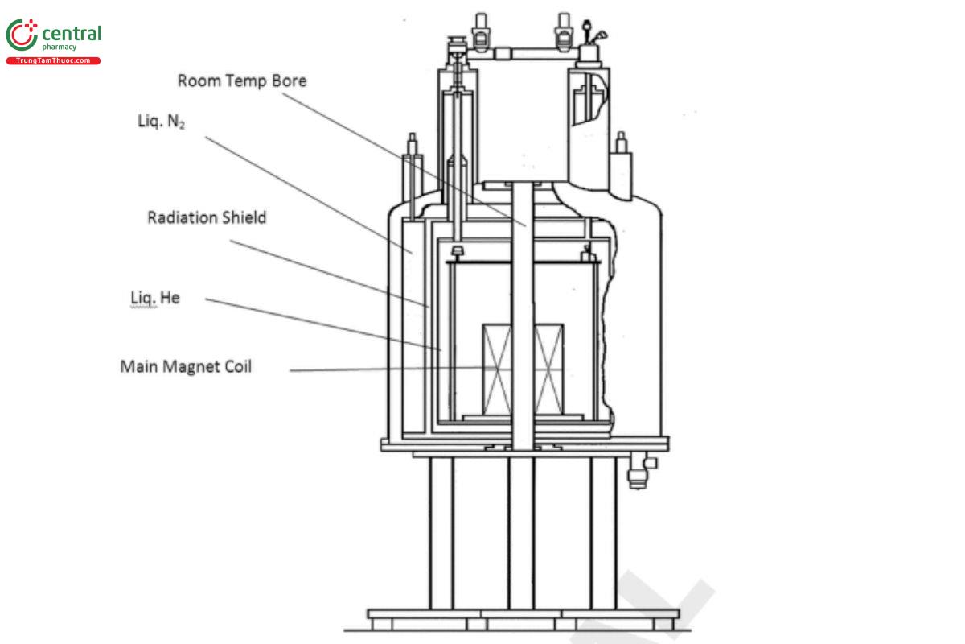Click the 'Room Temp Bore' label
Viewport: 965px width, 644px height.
point(242,80)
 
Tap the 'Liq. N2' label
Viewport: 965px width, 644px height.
point(161,122)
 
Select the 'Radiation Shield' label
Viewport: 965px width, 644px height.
point(207,217)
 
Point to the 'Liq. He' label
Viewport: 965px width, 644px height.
point(155,298)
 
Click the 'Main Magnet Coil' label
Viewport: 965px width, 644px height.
point(186,366)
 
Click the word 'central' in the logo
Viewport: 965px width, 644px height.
point(71,34)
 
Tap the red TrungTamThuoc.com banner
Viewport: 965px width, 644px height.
point(53,61)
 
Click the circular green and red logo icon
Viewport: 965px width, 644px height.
point(22,35)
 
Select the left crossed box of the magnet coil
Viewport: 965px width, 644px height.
point(495,367)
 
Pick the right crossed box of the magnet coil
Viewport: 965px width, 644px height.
point(549,367)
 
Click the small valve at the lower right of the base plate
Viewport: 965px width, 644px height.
point(638,472)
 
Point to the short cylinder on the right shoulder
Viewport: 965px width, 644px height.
point(620,165)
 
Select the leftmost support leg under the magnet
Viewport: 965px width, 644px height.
point(441,531)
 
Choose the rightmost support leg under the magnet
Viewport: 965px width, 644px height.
point(603,531)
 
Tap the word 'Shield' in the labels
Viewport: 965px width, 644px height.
point(241,217)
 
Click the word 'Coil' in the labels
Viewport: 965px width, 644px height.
point(237,366)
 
